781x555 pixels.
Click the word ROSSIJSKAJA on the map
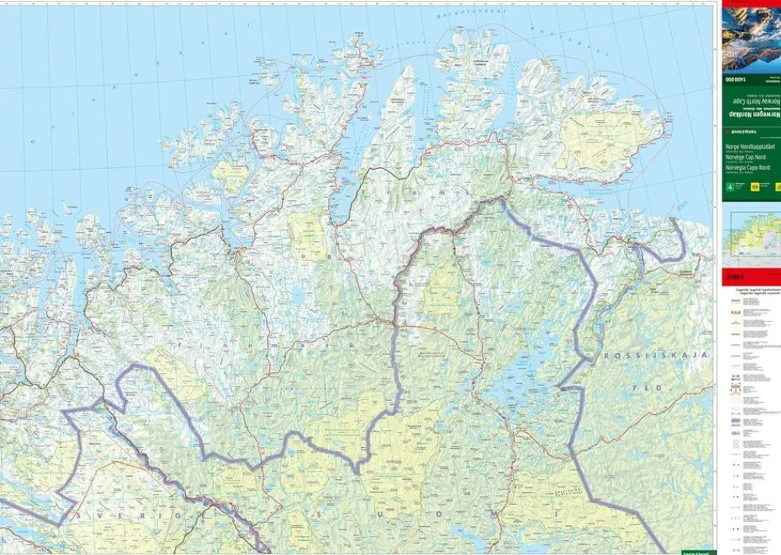click(655, 356)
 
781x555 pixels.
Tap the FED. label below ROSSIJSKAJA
click(647, 388)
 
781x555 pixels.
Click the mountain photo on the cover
click(751, 39)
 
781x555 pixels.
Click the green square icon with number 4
click(730, 187)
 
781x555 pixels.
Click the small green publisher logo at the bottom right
click(694, 550)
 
